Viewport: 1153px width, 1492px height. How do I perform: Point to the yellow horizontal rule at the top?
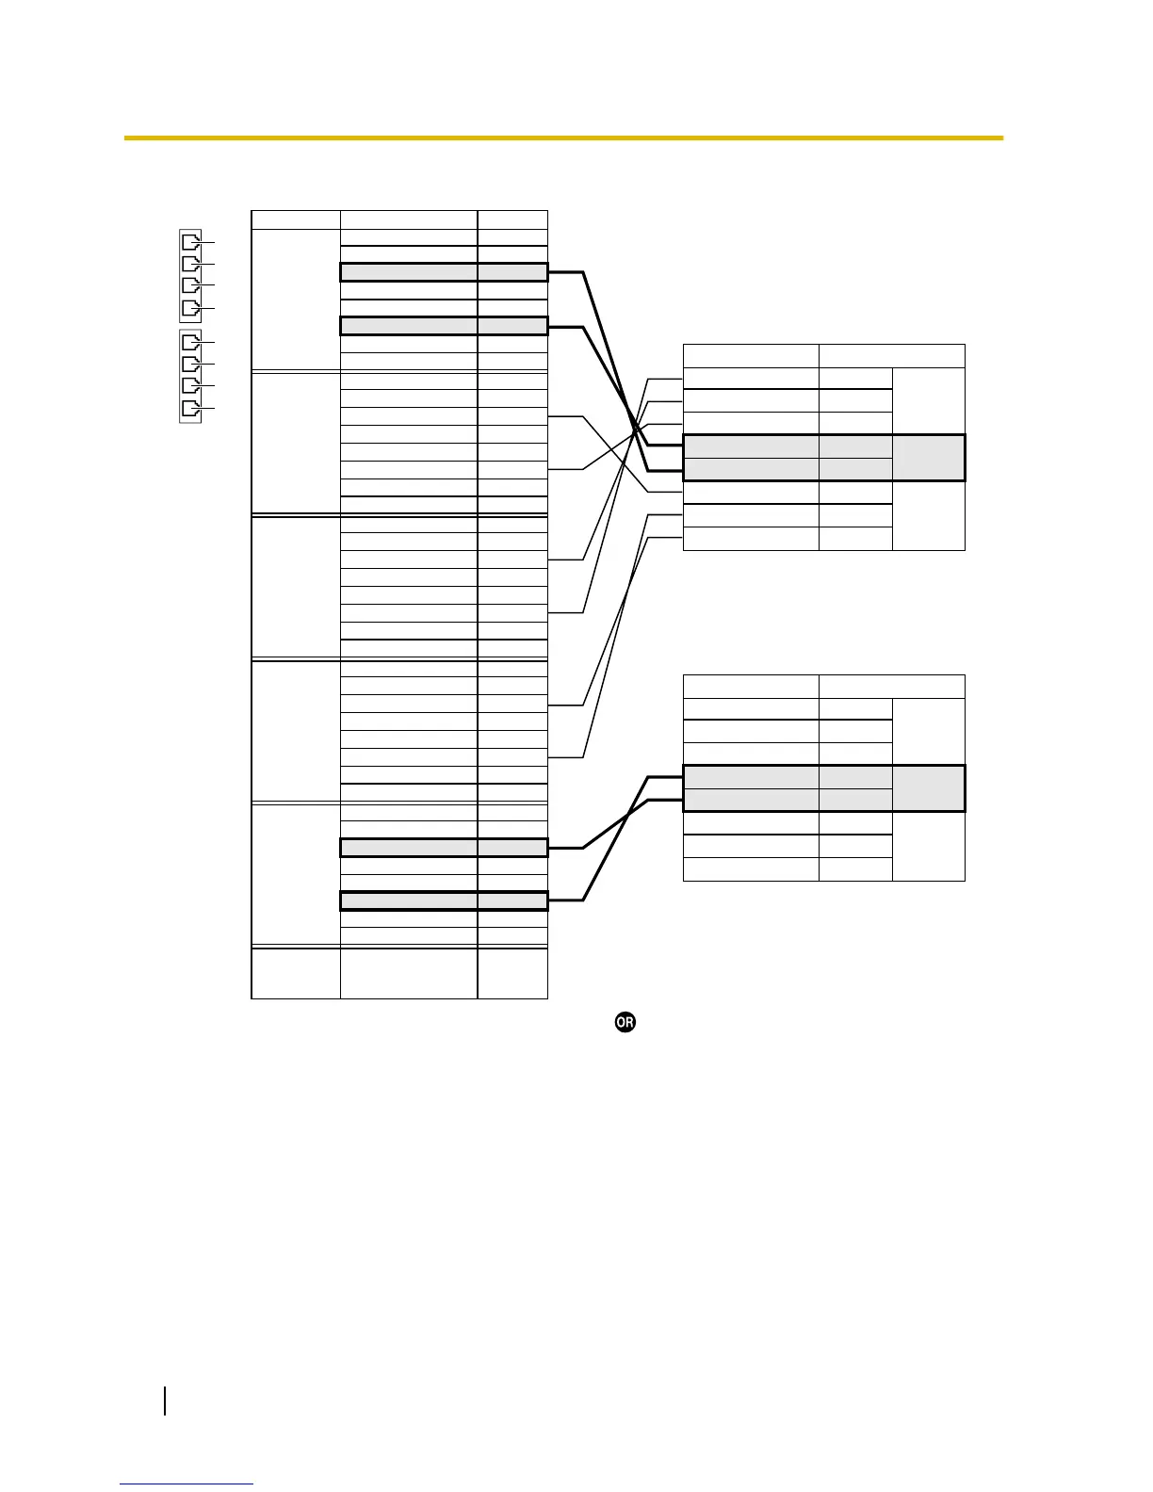click(563, 138)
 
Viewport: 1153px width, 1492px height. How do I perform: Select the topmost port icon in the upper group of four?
click(190, 239)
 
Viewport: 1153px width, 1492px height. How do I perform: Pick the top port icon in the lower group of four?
click(190, 341)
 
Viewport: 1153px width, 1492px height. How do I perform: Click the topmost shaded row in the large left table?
click(443, 272)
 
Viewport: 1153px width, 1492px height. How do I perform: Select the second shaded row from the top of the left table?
click(443, 327)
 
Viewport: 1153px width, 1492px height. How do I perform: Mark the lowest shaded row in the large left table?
click(443, 901)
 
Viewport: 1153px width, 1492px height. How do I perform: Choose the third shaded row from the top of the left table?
click(443, 848)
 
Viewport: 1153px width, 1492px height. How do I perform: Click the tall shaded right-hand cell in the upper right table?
click(928, 458)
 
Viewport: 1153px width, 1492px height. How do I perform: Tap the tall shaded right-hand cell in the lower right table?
click(928, 788)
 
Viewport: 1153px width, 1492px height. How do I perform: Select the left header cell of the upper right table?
click(751, 356)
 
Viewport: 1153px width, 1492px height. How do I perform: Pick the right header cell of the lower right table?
click(891, 687)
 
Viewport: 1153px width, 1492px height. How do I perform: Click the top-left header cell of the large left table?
click(296, 219)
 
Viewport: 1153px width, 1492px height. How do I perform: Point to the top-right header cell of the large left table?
click(512, 219)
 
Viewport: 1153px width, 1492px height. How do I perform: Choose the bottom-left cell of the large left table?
click(296, 973)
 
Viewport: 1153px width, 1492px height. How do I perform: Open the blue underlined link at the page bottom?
click(187, 1484)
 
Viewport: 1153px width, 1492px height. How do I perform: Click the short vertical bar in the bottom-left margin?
click(165, 1401)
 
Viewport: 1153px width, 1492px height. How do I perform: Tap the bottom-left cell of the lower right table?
click(751, 869)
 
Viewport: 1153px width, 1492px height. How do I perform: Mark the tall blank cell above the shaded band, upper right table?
click(928, 401)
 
